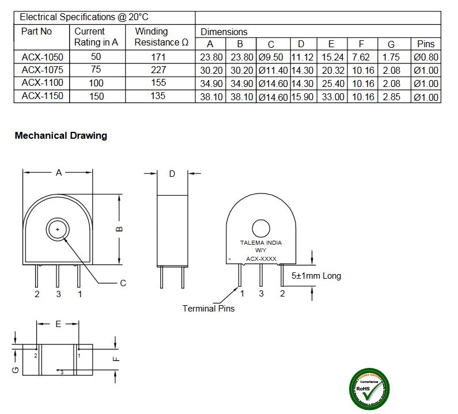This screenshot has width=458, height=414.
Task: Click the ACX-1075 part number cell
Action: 42,70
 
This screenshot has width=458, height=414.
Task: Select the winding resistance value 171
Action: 158,57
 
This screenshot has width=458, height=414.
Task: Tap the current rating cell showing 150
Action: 96,96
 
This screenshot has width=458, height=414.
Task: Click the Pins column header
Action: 426,44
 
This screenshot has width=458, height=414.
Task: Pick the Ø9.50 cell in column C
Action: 271,57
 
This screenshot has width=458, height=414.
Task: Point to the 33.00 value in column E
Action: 331,97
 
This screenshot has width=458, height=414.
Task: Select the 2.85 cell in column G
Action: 391,97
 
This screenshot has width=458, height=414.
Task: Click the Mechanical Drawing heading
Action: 60,136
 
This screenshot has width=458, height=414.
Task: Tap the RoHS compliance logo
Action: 369,389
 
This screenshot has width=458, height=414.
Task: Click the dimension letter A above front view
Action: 58,173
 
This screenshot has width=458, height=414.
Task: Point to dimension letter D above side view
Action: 172,174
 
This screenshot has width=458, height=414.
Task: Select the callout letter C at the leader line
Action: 123,283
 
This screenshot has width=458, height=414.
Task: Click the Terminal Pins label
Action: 209,308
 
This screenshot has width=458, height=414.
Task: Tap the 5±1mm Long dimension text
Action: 316,276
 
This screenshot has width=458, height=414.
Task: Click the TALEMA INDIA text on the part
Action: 261,243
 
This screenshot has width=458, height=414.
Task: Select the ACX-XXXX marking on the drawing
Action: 261,259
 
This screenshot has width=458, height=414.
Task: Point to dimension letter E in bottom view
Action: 58,324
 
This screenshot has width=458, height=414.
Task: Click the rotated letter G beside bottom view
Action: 16,370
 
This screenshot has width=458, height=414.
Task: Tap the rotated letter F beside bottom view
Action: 116,359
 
